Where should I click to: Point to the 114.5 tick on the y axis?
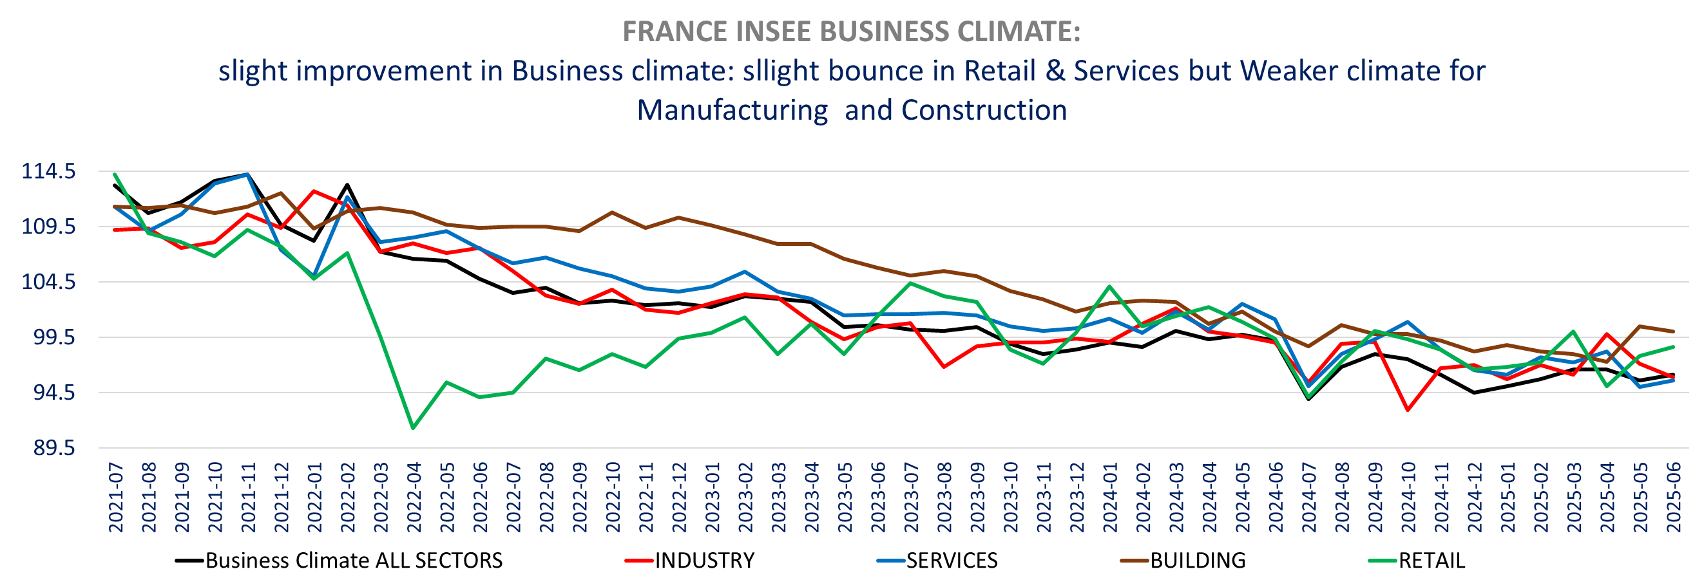click(x=49, y=172)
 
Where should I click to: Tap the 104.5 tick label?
click(x=49, y=283)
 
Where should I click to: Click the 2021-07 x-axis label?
click(x=116, y=498)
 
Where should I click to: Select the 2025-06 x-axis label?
click(x=1674, y=498)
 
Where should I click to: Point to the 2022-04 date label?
click(x=414, y=498)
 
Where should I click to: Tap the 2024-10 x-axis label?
click(x=1408, y=498)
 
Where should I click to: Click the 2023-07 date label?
click(x=911, y=498)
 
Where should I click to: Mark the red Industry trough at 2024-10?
click(x=1408, y=411)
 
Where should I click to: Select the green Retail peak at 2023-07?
click(x=911, y=284)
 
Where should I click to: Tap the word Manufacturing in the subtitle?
click(x=732, y=111)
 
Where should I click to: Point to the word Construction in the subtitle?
click(x=984, y=111)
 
